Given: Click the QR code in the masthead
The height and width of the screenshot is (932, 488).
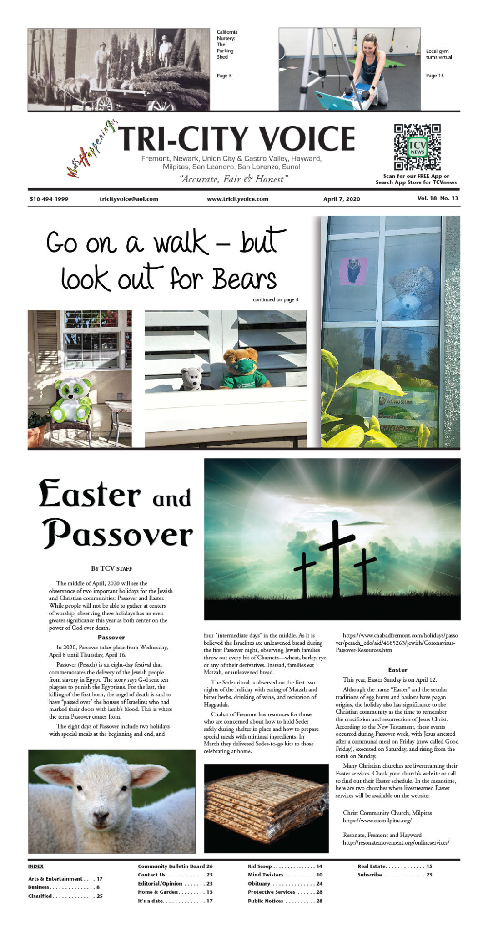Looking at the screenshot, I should (417, 147).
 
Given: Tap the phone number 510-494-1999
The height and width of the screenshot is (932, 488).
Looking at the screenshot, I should (49, 199).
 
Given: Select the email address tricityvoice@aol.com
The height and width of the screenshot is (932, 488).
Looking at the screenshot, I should (129, 199).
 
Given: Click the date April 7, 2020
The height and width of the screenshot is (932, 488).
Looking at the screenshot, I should (342, 199).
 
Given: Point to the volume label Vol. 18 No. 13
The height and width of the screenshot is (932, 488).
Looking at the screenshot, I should (438, 198).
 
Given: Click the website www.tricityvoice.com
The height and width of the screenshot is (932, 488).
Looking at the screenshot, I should (237, 199).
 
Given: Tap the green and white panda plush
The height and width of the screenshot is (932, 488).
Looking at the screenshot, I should (71, 399).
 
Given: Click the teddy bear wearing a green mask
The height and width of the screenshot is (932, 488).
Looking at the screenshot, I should (240, 369).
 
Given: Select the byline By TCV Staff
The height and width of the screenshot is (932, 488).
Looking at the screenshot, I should (111, 568).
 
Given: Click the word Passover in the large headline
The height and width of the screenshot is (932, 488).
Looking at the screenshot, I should (118, 534).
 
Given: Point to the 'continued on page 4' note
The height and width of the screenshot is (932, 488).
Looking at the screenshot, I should (276, 299).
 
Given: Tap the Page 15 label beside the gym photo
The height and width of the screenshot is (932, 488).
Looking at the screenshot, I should (435, 76).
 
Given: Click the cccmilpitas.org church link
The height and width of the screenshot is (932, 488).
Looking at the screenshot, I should (377, 821).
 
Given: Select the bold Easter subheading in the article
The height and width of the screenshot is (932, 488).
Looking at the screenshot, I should (397, 670).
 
